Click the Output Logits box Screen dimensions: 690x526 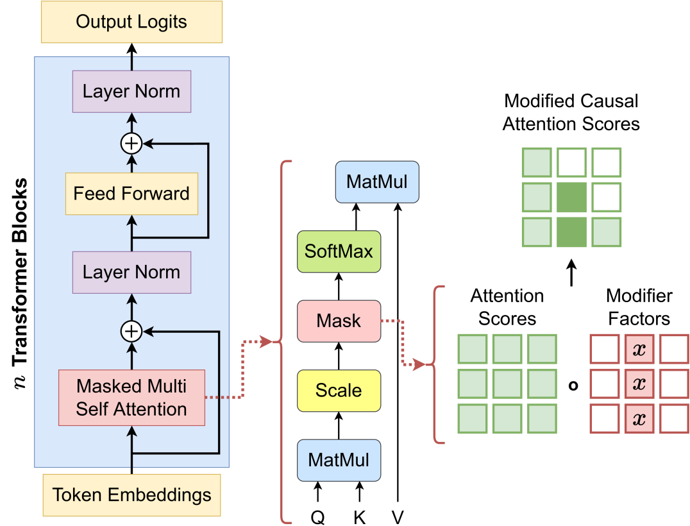pyautogui.click(x=131, y=22)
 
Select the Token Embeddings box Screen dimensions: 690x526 pyautogui.click(x=131, y=495)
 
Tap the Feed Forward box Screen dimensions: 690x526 pyautogui.click(x=131, y=194)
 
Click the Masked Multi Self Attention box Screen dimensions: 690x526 pyautogui.click(x=131, y=398)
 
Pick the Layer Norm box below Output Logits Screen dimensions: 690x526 pyautogui.click(x=131, y=92)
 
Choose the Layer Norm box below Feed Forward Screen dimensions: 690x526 pyautogui.click(x=131, y=273)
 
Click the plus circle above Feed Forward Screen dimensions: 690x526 pyautogui.click(x=131, y=144)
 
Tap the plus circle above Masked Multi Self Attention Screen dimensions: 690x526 pyautogui.click(x=131, y=332)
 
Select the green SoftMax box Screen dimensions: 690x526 pyautogui.click(x=339, y=251)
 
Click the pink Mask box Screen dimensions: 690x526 pyautogui.click(x=339, y=321)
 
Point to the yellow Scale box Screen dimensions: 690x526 pyautogui.click(x=339, y=391)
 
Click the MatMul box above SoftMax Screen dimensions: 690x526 pyautogui.click(x=377, y=182)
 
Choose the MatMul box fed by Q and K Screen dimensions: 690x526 pyautogui.click(x=339, y=461)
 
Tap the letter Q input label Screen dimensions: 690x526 pyautogui.click(x=317, y=517)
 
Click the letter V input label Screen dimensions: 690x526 pyautogui.click(x=398, y=517)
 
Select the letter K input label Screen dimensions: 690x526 pyautogui.click(x=360, y=517)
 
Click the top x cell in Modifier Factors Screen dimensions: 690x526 pyautogui.click(x=639, y=349)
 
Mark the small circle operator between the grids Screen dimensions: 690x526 pyautogui.click(x=573, y=386)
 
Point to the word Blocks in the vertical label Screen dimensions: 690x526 pyautogui.click(x=20, y=210)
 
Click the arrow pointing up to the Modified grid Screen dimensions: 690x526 pyautogui.click(x=571, y=273)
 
